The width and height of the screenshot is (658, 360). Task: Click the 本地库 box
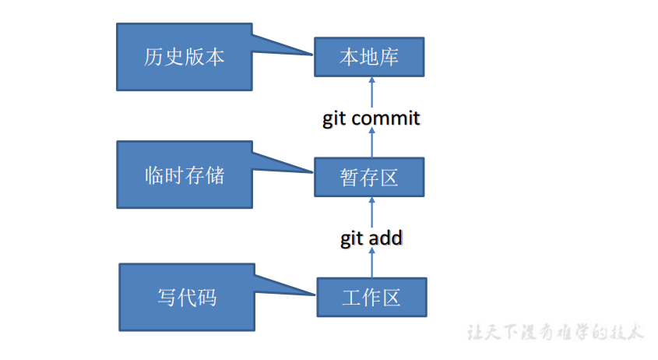point(369,56)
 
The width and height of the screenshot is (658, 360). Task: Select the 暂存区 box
point(369,177)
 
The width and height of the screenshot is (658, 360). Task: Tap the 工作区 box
point(371,297)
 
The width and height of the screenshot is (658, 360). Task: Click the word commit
point(385,118)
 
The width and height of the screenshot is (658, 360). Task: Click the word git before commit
point(335,119)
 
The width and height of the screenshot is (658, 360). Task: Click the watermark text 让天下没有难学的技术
point(556,333)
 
